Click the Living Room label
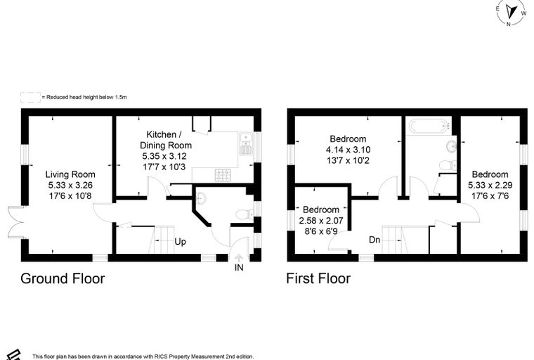click(x=70, y=174)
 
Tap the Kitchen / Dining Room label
click(x=166, y=140)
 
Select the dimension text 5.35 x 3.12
click(x=164, y=157)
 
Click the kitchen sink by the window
click(x=245, y=143)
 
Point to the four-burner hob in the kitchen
click(x=223, y=175)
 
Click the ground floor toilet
click(x=245, y=214)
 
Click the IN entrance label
click(x=239, y=268)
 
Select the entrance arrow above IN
click(x=239, y=258)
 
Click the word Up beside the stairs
click(x=180, y=242)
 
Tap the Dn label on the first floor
click(x=375, y=240)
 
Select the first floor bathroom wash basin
click(x=451, y=146)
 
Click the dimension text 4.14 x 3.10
click(x=348, y=150)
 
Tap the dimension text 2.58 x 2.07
click(x=321, y=221)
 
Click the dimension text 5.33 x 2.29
click(x=490, y=185)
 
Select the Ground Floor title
click(x=63, y=278)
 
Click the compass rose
click(x=511, y=13)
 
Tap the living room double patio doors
click(x=15, y=222)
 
